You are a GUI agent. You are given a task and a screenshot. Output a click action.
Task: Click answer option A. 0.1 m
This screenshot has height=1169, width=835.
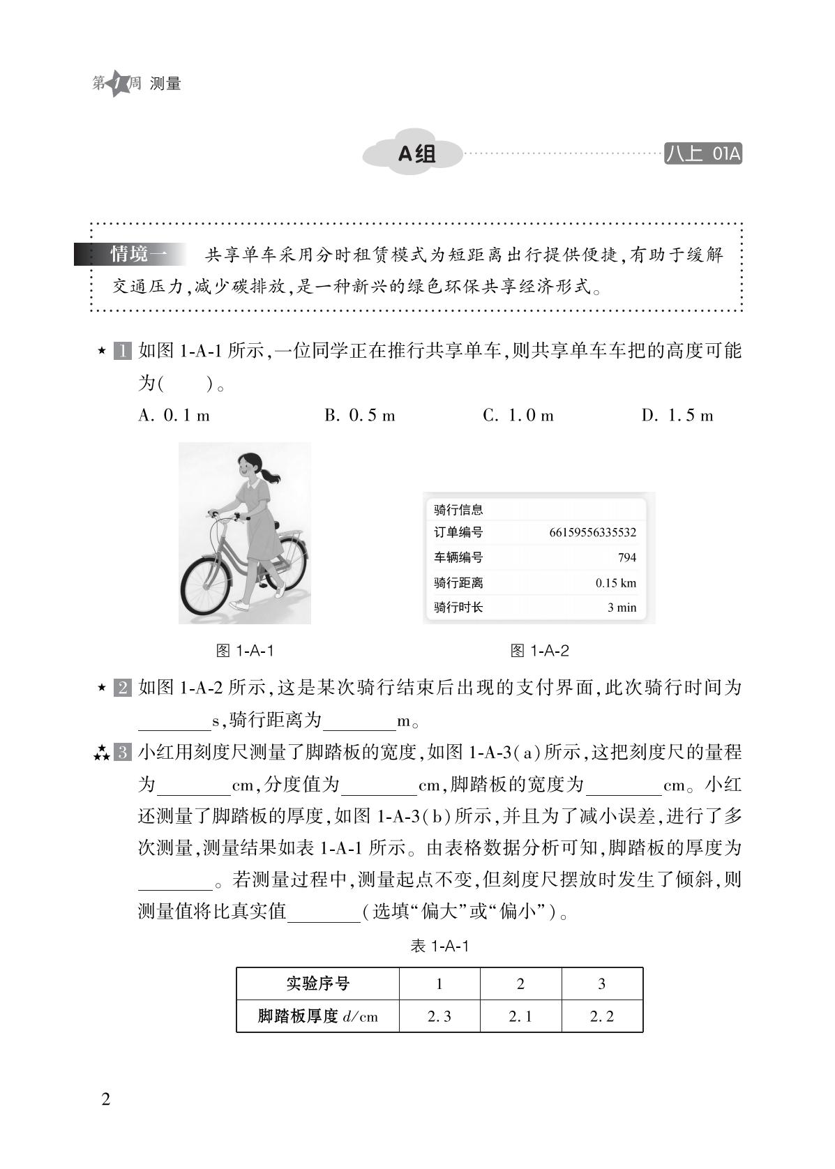click(x=174, y=416)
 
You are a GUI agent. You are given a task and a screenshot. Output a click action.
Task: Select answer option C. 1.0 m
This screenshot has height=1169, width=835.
click(x=518, y=416)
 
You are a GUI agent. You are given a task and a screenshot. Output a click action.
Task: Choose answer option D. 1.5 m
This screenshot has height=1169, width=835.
click(x=677, y=416)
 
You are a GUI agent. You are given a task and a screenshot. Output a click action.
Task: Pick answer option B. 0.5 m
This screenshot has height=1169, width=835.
click(x=359, y=416)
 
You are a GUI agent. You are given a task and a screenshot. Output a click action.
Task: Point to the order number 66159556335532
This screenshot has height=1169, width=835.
click(x=592, y=533)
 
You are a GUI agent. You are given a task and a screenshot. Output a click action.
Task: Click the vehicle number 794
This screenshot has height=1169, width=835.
click(x=626, y=557)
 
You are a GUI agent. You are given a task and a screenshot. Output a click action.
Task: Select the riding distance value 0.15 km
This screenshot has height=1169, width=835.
click(x=615, y=583)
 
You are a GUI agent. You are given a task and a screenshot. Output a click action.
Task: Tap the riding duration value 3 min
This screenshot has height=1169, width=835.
click(x=622, y=608)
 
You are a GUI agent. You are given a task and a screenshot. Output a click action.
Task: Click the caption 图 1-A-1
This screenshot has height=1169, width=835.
click(x=245, y=651)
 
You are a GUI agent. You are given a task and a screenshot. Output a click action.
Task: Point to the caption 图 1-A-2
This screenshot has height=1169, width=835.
click(x=539, y=651)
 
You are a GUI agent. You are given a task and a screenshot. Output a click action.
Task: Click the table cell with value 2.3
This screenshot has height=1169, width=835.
click(x=439, y=1016)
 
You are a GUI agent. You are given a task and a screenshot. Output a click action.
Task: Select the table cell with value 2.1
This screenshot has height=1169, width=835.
click(x=520, y=1016)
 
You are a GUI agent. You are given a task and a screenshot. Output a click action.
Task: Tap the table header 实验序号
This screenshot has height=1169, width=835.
click(x=317, y=983)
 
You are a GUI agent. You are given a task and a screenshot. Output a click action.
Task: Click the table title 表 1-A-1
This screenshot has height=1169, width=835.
click(x=439, y=946)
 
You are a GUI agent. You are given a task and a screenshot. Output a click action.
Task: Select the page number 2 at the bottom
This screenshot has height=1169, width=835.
click(x=106, y=1100)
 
